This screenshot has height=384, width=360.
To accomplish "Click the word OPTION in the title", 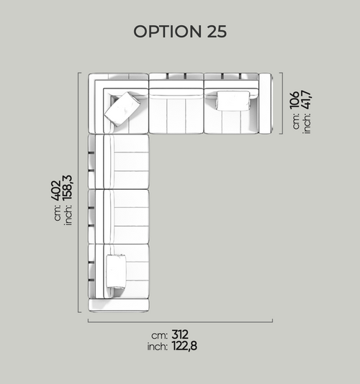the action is coord(167,32).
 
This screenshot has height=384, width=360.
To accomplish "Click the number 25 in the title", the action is coord(217,32).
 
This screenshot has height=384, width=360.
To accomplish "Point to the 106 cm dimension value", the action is coord(294,100).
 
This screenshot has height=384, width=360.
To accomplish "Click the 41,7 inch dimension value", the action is coord(306,99).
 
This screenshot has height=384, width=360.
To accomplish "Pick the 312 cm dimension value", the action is coord(180,334).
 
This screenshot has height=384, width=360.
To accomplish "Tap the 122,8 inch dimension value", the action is coord(184,346).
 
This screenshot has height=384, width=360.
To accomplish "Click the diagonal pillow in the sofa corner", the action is coord(122,109).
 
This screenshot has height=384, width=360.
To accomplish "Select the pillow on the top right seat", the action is coord(233,101).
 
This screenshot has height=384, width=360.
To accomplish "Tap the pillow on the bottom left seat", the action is coord(116,271).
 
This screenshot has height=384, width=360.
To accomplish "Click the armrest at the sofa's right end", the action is coord(266,104).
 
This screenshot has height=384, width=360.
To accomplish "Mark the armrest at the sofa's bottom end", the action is coord(119,306).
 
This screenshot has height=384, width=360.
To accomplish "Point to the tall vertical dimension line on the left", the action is coord(78,193).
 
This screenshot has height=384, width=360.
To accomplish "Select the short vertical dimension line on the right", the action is coord(282,104).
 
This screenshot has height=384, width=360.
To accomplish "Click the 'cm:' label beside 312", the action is coord(159,336).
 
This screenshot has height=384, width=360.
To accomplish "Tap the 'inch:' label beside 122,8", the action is coord(158,347).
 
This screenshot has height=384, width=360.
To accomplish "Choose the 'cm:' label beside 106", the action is coord(296,121).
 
